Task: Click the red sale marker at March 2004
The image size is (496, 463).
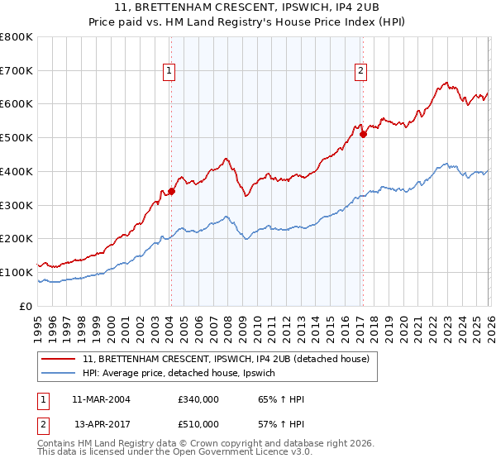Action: tap(171, 191)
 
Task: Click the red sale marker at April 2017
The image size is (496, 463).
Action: tap(363, 134)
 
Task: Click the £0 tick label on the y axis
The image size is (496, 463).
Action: tap(25, 306)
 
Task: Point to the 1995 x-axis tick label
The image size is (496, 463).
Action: tap(38, 326)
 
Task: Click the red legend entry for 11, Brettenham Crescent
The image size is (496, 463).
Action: tap(230, 359)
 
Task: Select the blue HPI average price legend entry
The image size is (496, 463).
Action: tap(184, 374)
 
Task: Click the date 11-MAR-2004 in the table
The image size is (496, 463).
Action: tap(101, 400)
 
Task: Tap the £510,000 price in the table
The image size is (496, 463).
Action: tap(198, 424)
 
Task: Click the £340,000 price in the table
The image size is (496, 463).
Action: tap(198, 400)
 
